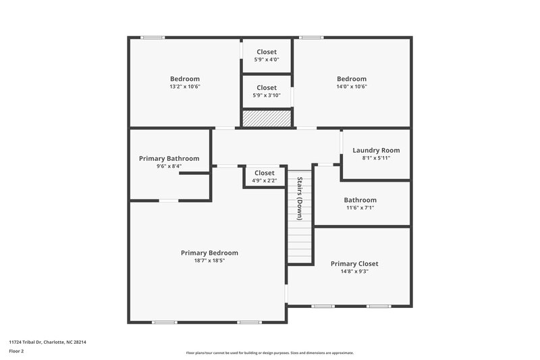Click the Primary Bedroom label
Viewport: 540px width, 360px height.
coord(209,253)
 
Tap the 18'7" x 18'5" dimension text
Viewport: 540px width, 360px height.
coord(209,261)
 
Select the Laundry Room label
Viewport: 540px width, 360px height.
coord(376,150)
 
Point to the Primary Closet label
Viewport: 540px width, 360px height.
coord(354,264)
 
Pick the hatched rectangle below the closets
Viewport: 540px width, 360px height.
coord(267,119)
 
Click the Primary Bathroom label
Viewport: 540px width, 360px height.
coord(169,158)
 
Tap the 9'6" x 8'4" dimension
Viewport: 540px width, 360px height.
coord(169,166)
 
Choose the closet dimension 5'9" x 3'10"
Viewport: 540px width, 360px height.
coord(267,95)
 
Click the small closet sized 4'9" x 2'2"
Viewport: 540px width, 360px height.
coord(265,177)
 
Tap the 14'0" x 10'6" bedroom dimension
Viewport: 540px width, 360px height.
coord(352,86)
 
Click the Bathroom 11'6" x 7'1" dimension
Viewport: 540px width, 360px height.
coord(360,208)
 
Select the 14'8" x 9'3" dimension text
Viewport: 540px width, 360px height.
coord(354,272)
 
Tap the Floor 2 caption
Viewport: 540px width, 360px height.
coord(16,351)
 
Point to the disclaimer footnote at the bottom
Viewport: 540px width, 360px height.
coord(269,353)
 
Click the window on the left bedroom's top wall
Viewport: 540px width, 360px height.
coord(153,37)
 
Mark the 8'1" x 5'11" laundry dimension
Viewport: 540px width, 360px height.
coord(376,158)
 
